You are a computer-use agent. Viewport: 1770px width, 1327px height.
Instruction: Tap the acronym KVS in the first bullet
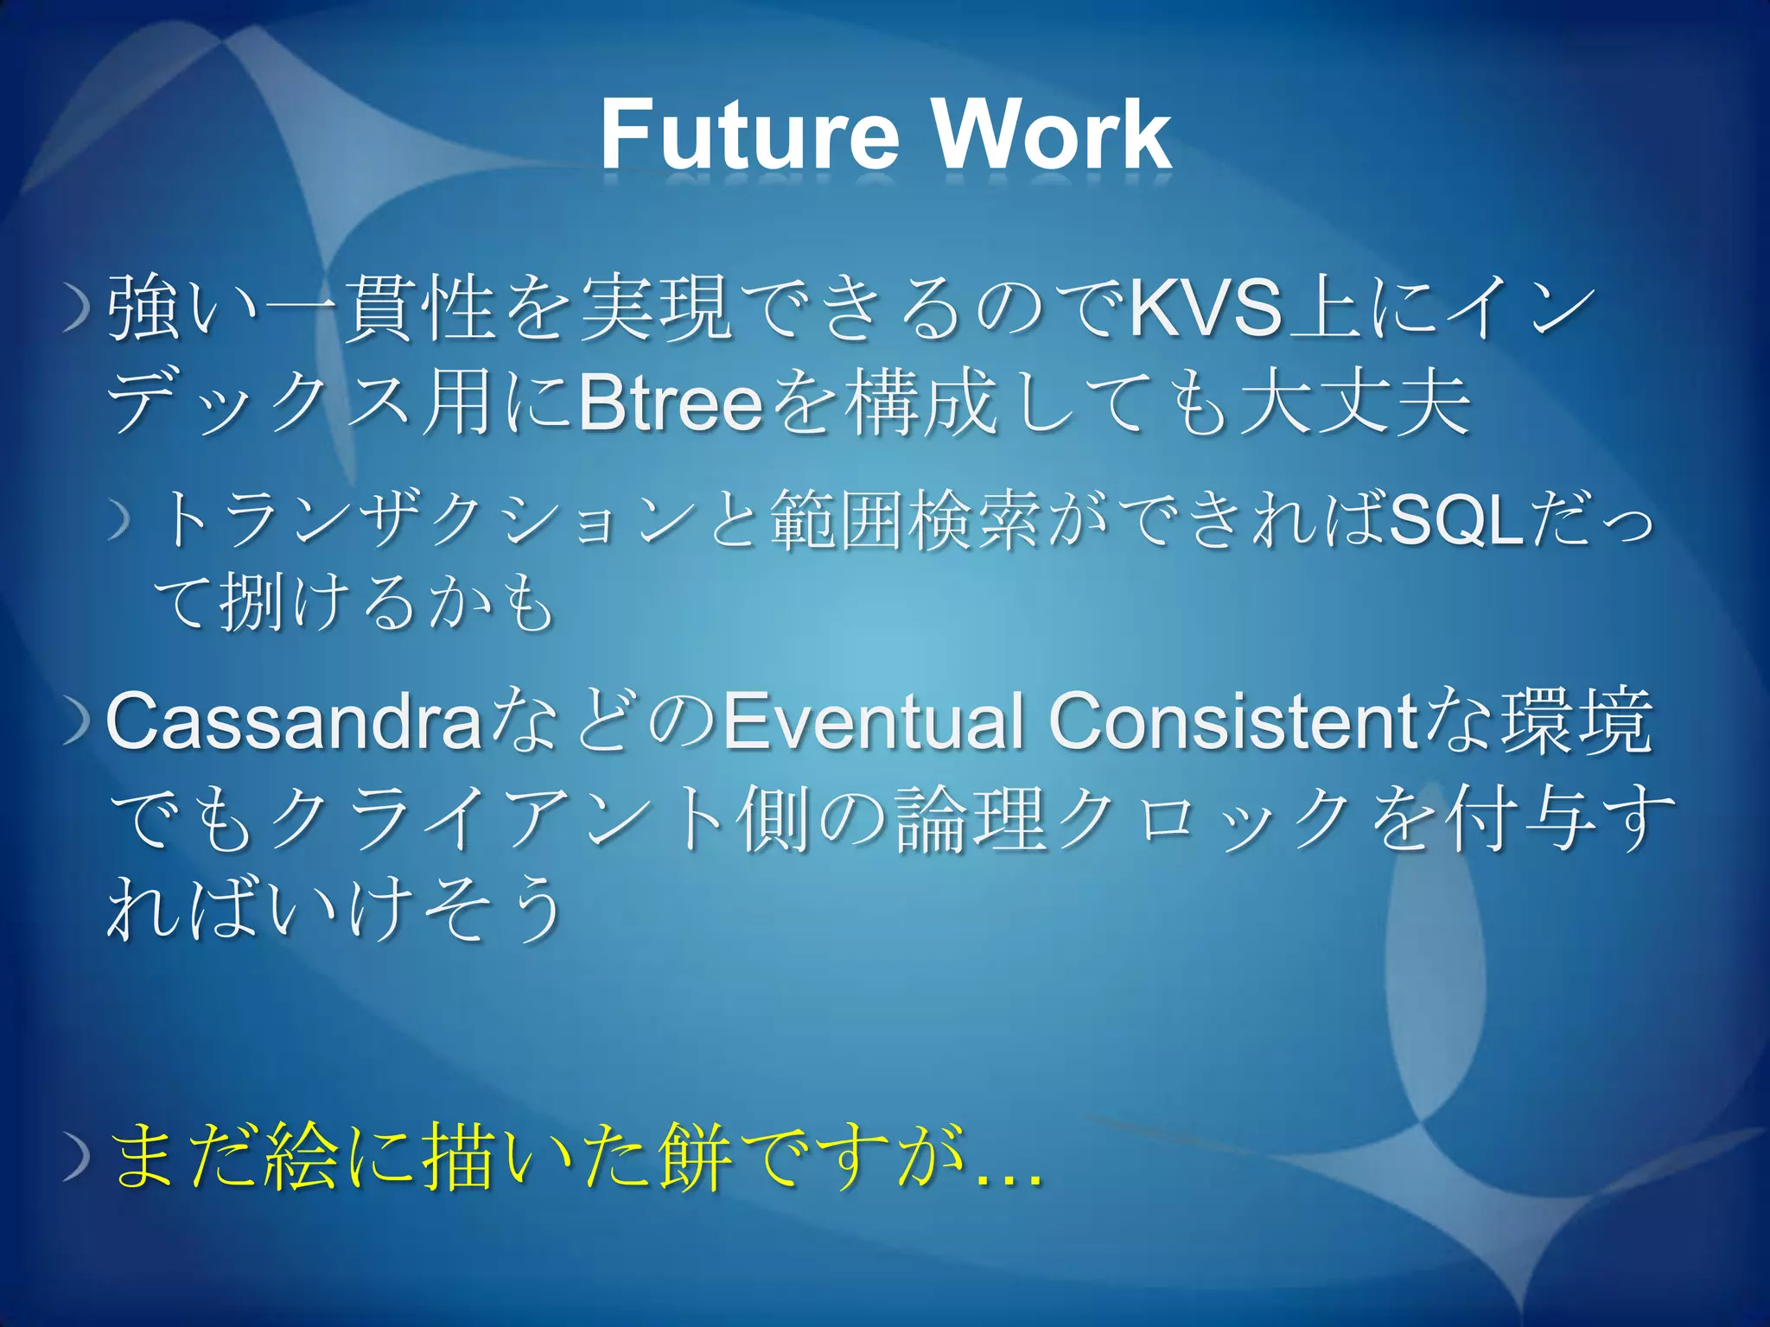(x=1205, y=308)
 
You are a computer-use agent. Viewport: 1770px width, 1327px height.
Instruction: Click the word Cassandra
(x=294, y=721)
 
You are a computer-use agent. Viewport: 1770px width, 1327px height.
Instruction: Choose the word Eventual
(x=873, y=721)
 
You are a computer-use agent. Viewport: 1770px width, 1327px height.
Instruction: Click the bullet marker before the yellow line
(x=78, y=1159)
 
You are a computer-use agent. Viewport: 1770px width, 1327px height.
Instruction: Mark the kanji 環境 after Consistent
(x=1576, y=721)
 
